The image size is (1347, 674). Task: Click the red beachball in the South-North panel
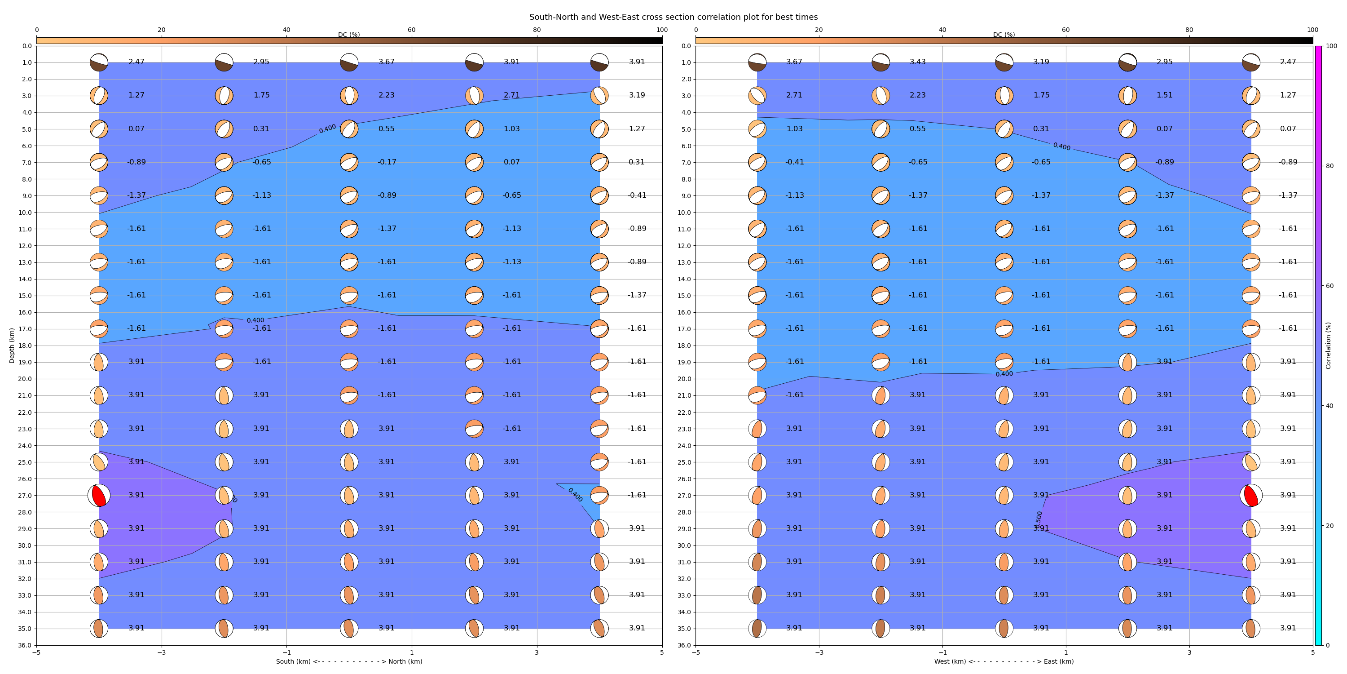coord(99,495)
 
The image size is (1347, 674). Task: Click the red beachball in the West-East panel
coord(1251,495)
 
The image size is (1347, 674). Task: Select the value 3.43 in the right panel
coord(917,62)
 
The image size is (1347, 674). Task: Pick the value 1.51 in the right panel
coord(1164,95)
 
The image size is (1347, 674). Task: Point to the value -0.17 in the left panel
coord(387,162)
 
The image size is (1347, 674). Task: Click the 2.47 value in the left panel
coord(136,62)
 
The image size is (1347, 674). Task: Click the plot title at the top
coord(673,17)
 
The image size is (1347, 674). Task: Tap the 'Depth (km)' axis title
coord(12,346)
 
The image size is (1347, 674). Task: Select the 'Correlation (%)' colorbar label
coord(1328,346)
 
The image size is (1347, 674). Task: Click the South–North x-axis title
coord(349,661)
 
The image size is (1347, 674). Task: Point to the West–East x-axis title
coord(1004,661)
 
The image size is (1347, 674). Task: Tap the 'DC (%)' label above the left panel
coord(349,35)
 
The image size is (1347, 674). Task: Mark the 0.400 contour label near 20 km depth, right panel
coord(1004,374)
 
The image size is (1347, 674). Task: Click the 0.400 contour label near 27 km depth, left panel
coord(575,495)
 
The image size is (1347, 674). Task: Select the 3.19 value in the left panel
coord(636,95)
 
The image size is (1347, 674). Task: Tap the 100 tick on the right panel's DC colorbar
coord(1312,30)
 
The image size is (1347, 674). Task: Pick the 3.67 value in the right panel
coord(794,62)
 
